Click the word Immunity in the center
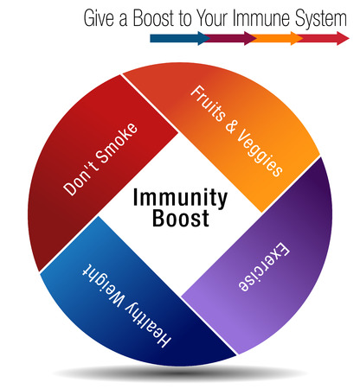pyautogui.click(x=180, y=198)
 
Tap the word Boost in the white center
pyautogui.click(x=181, y=218)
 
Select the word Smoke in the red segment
pyautogui.click(x=117, y=143)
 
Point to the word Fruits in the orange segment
pyautogui.click(x=207, y=102)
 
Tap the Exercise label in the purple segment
pyautogui.click(x=264, y=266)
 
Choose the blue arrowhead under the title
pyautogui.click(x=203, y=38)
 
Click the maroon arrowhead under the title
pyautogui.click(x=250, y=38)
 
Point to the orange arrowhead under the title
pyautogui.click(x=297, y=38)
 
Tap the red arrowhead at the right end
pyautogui.click(x=343, y=38)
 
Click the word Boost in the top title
pyautogui.click(x=154, y=18)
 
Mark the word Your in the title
pyautogui.click(x=213, y=18)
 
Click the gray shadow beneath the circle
pyautogui.click(x=179, y=373)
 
